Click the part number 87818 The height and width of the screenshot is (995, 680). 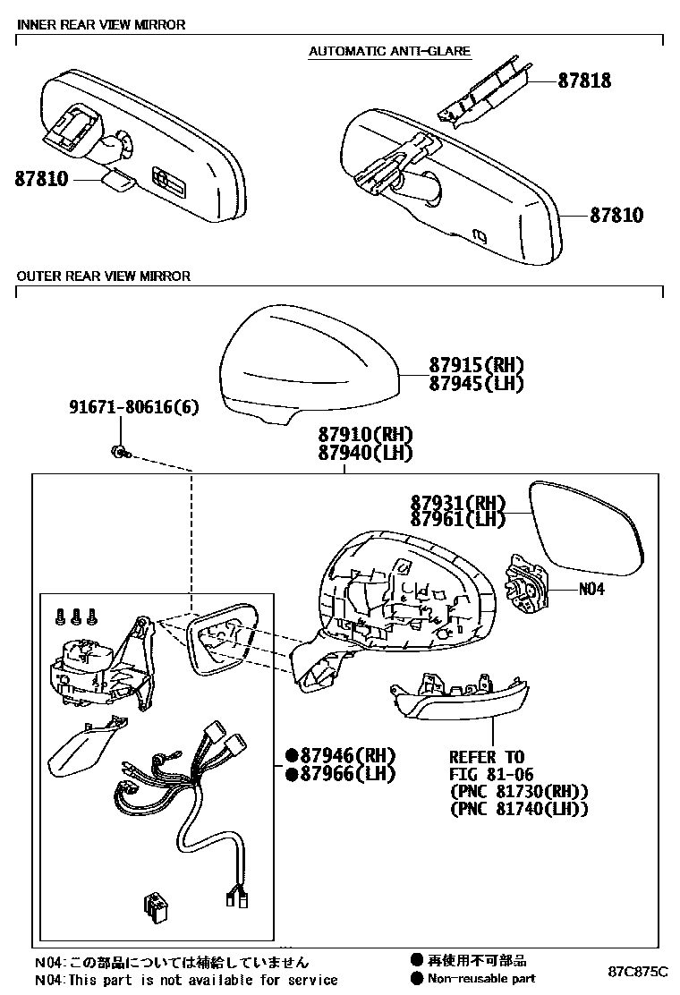584,81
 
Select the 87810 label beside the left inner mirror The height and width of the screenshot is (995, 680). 41,179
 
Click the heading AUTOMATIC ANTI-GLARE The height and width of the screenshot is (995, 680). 389,51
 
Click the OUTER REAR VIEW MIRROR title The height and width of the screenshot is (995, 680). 103,276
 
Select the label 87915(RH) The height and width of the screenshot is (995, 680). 475,365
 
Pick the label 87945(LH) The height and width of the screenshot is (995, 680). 475,383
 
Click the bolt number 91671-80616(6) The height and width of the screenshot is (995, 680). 134,407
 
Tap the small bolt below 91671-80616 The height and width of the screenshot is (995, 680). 118,452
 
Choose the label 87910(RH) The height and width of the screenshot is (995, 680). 364,435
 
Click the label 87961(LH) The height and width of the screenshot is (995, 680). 458,520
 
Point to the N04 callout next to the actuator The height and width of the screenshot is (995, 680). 591,590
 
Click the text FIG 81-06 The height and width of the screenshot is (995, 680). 487,774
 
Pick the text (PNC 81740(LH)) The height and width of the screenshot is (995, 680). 519,809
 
